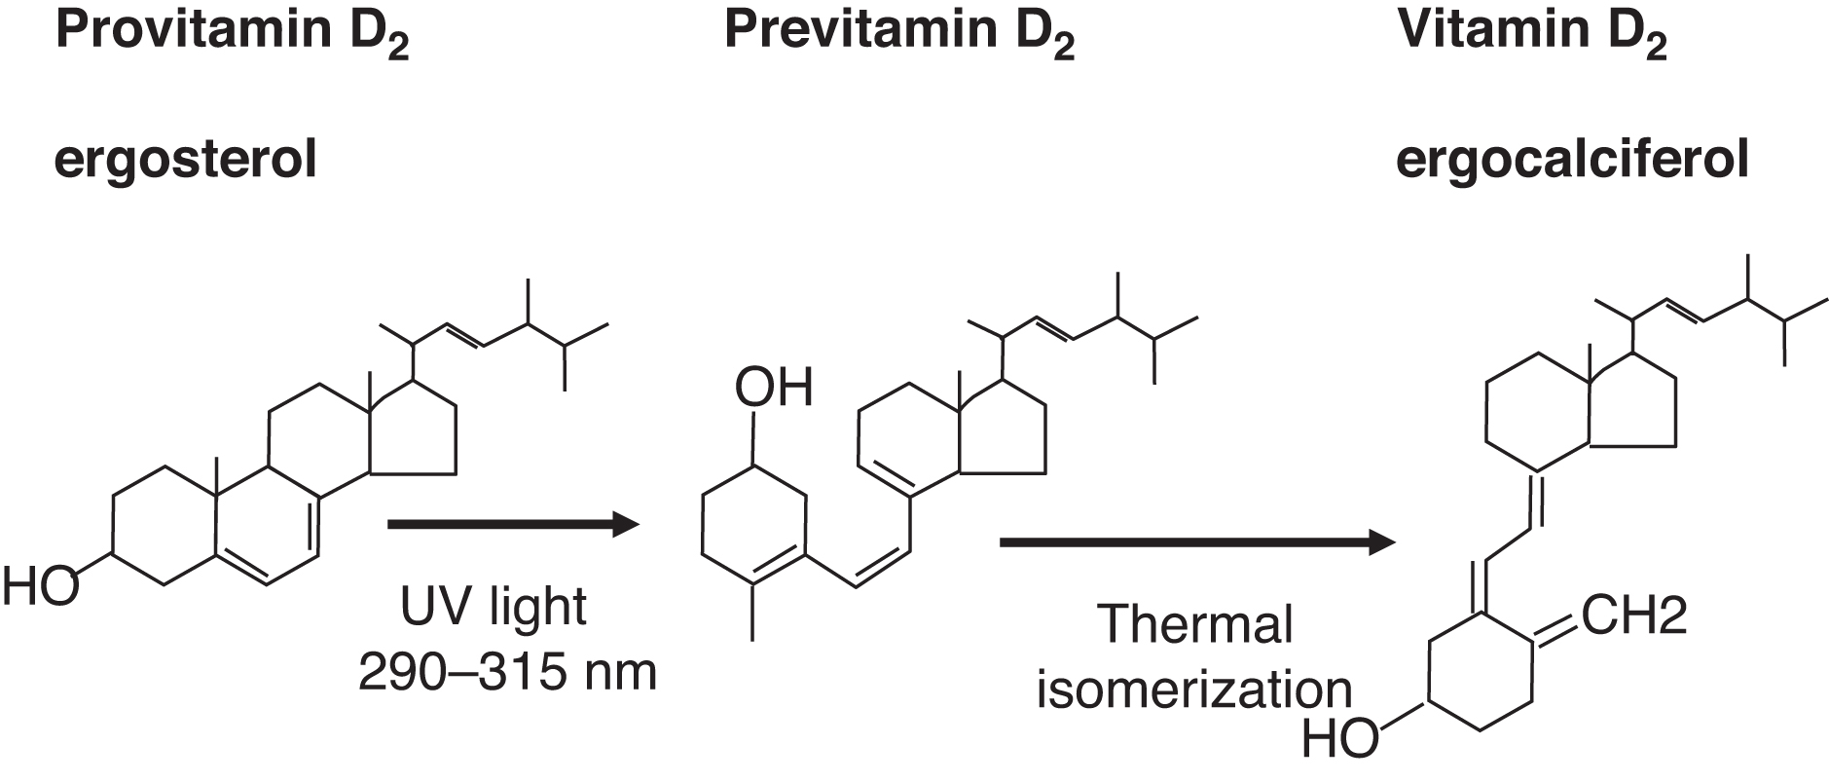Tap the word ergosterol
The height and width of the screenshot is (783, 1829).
click(x=186, y=160)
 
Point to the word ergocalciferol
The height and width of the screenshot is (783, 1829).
click(x=1572, y=160)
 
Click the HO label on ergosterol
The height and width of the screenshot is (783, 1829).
click(x=40, y=588)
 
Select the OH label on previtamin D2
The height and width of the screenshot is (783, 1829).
click(x=774, y=388)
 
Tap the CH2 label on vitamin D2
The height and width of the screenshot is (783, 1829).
click(x=1634, y=615)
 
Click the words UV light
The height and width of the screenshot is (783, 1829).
click(x=494, y=607)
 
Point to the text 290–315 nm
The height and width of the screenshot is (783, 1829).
click(x=507, y=672)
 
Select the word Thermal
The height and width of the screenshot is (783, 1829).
click(x=1194, y=624)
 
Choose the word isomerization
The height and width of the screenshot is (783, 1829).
click(x=1194, y=690)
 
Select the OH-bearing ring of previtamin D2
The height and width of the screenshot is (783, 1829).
click(x=755, y=525)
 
